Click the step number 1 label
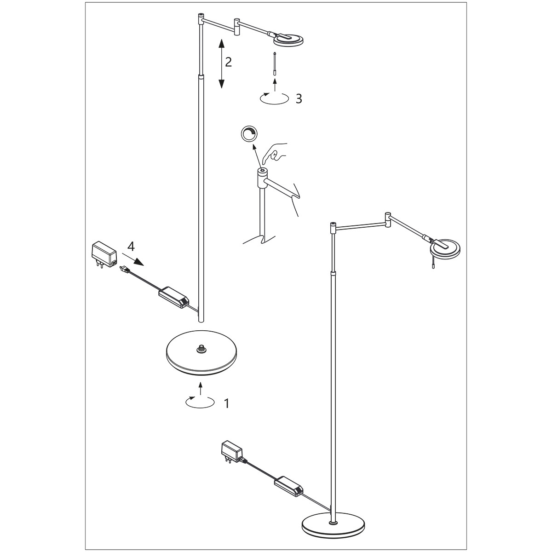(226, 403)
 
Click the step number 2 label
(229, 62)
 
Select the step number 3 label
(299, 98)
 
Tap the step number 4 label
(131, 247)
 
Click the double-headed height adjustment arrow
(221, 64)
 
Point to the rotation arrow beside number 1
(200, 402)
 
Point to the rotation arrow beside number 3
(274, 98)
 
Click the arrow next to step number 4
(134, 260)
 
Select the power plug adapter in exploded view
(104, 255)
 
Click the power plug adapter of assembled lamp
(233, 451)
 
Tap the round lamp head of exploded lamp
(290, 40)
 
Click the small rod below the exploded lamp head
(275, 64)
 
